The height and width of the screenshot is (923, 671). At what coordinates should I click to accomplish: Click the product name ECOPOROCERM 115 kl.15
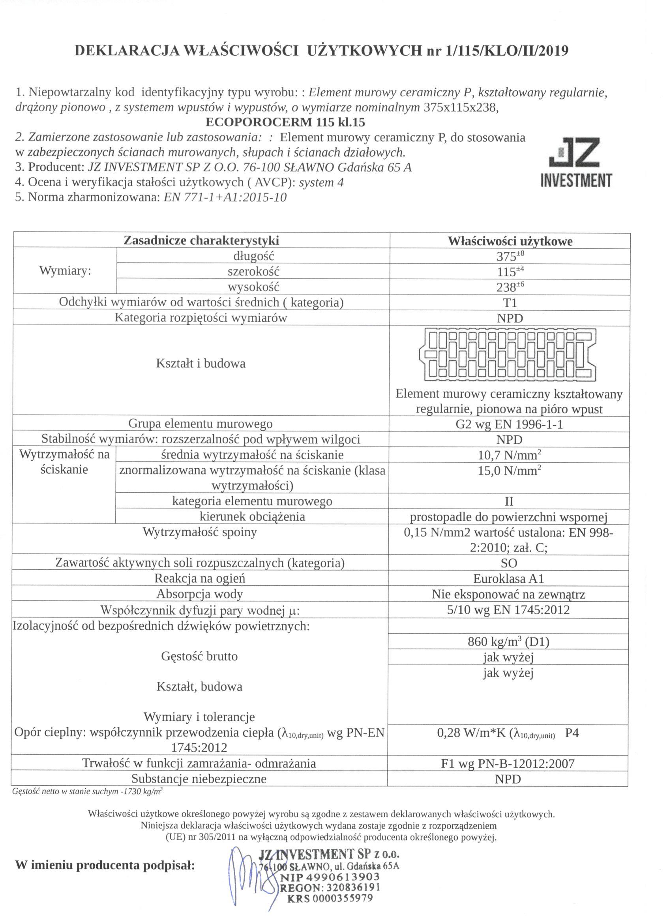point(285,122)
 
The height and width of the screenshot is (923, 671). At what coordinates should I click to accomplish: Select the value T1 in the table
point(510,303)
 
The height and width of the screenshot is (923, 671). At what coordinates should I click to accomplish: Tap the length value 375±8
point(510,256)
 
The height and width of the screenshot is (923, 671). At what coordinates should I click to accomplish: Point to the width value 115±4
point(510,272)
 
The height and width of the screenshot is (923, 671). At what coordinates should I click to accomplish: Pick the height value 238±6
point(510,287)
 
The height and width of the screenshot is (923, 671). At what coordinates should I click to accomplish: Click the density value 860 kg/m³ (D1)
point(508,642)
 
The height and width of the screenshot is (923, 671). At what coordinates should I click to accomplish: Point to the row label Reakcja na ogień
point(199,578)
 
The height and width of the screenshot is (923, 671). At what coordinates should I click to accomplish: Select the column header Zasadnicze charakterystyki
point(201,240)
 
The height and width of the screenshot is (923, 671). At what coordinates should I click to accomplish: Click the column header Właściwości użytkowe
point(510,241)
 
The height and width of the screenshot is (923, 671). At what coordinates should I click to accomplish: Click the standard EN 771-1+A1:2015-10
point(225,197)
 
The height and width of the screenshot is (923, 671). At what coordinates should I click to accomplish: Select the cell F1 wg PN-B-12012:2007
point(508,764)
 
